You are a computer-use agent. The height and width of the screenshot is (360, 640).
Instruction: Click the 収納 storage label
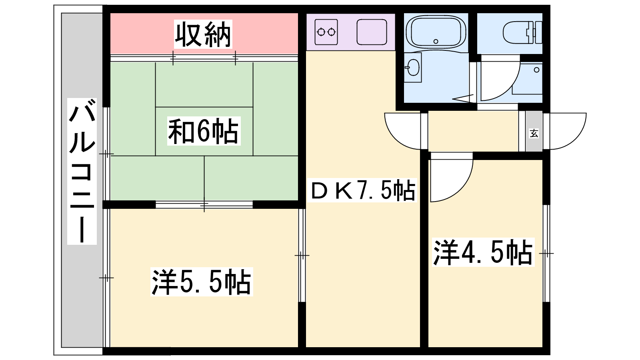(203, 34)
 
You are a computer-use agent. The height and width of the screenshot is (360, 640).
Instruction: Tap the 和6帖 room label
(204, 131)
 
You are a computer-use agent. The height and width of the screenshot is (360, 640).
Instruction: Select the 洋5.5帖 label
(202, 282)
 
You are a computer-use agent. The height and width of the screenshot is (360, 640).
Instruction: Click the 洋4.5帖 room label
(483, 252)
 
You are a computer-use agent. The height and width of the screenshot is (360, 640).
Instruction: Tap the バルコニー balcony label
(82, 172)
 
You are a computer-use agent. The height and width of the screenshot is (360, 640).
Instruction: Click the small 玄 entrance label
(534, 133)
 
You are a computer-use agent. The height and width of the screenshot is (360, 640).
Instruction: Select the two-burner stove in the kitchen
(326, 32)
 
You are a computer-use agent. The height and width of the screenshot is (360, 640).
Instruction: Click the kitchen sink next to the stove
(372, 32)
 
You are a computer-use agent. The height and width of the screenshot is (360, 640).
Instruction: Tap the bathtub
(436, 32)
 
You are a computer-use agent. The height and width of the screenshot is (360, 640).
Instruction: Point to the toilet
(522, 32)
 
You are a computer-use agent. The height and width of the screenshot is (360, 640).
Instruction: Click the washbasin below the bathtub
(413, 68)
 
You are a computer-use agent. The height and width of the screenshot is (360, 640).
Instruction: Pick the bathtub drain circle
(436, 42)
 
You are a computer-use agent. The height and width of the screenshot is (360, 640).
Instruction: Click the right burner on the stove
(332, 32)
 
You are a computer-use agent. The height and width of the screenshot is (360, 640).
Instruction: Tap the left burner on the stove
(321, 32)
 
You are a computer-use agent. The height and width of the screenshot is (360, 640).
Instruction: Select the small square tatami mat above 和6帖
(204, 85)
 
